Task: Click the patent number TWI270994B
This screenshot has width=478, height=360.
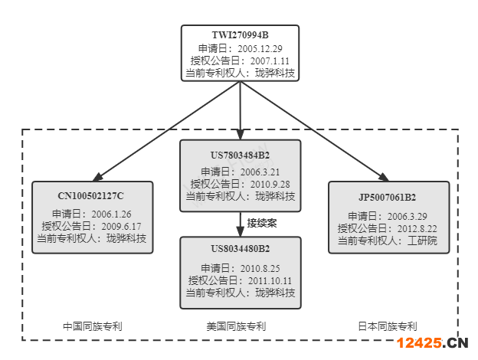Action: click(241, 34)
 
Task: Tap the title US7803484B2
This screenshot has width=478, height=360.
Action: click(241, 155)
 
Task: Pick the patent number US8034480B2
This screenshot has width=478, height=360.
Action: click(241, 250)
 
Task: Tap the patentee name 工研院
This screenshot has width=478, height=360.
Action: click(421, 241)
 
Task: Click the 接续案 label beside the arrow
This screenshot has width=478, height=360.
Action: click(263, 223)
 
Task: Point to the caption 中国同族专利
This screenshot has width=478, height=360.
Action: click(93, 326)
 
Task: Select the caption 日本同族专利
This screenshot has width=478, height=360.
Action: click(388, 326)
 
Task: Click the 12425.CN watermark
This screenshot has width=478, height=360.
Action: click(433, 342)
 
